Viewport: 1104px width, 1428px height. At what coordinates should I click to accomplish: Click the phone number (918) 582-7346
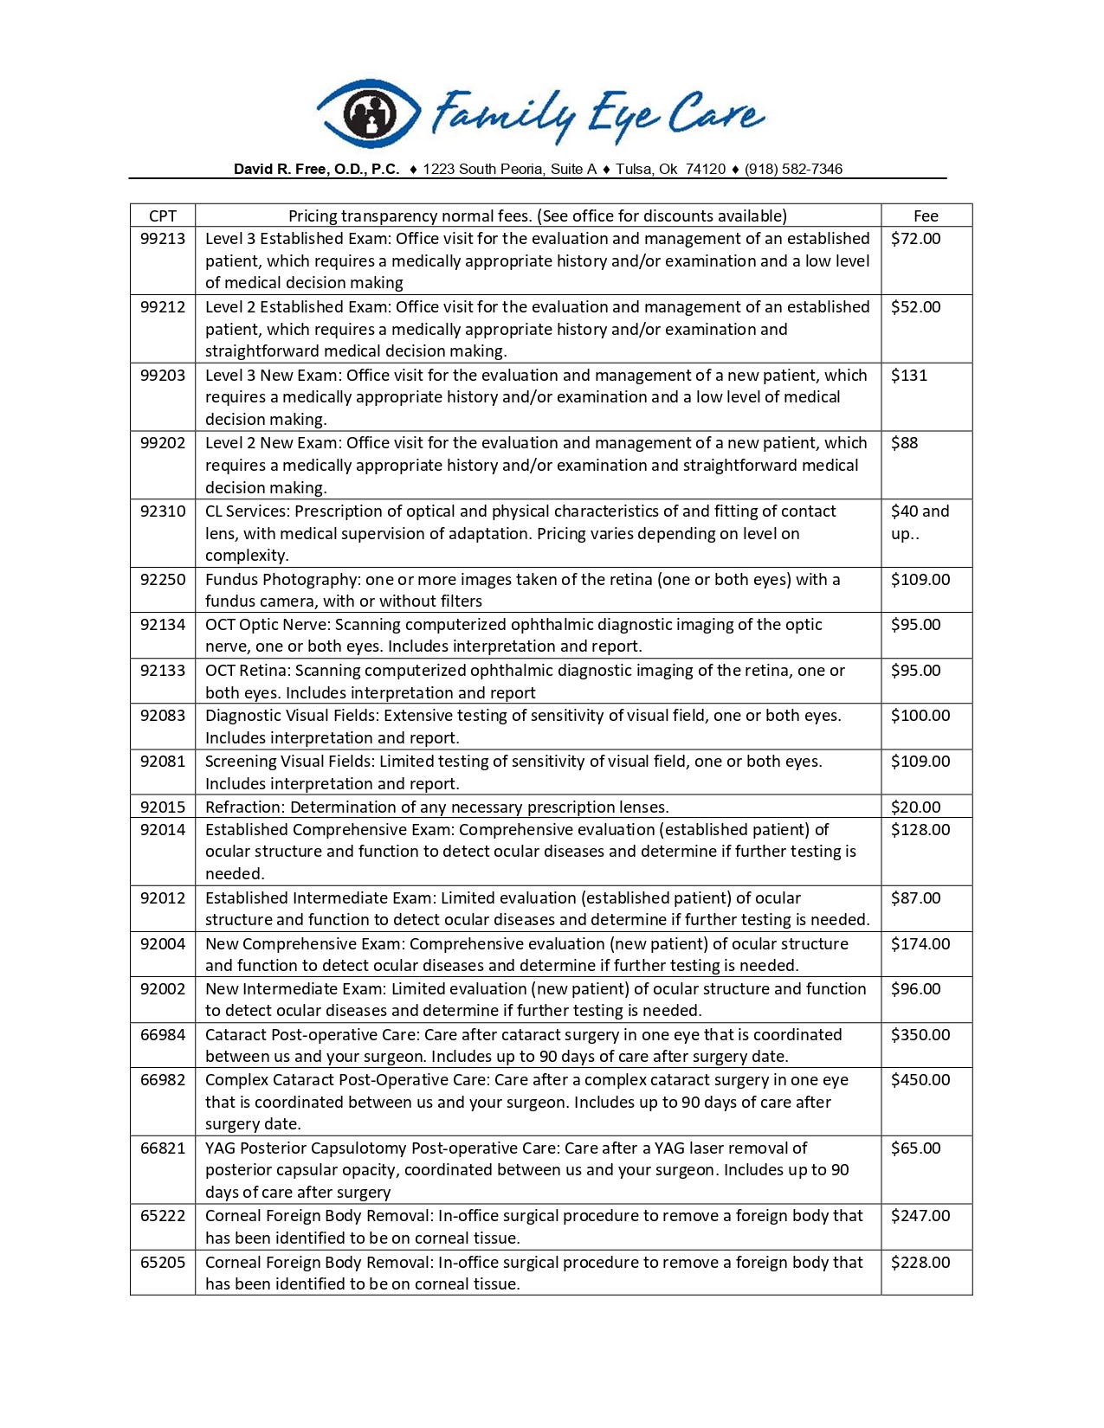pos(793,169)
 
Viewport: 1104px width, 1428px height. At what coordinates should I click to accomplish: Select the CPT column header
pos(163,215)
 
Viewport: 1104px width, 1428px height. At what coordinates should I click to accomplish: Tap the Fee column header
pos(926,215)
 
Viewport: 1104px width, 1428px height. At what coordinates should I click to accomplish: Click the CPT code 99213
pos(163,239)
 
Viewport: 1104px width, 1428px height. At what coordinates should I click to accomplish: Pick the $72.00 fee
pos(915,239)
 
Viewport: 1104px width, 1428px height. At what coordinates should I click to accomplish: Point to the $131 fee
pos(909,375)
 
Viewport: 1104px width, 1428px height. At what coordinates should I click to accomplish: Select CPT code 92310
pos(163,511)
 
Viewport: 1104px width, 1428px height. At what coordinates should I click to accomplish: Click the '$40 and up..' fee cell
pos(920,522)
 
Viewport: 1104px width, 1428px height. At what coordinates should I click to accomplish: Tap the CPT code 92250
pos(163,579)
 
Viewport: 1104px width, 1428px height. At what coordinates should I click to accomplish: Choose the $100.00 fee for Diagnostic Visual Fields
pos(920,716)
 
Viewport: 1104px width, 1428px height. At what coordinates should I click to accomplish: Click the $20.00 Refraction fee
pos(915,807)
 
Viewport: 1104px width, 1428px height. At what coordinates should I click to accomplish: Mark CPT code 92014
pos(163,829)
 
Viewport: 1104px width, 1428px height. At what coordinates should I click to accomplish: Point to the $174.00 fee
pos(920,943)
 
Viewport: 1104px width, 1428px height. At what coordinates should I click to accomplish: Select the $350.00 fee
pos(920,1034)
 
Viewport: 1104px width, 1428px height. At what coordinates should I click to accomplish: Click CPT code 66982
pos(163,1079)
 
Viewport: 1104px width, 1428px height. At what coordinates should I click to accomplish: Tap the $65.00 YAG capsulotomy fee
pos(915,1148)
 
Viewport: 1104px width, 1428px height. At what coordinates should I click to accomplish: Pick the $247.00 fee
pos(920,1216)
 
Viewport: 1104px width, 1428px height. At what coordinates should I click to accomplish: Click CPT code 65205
pos(163,1262)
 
